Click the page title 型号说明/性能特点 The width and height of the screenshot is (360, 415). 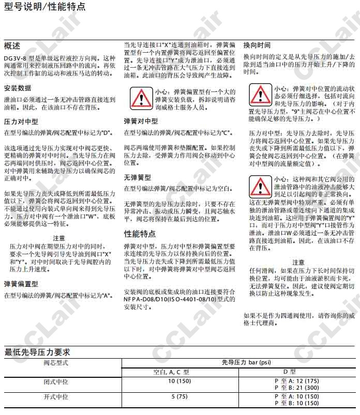[x=44, y=7]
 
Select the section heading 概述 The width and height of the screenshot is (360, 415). [x=12, y=45]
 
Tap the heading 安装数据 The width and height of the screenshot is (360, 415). [x=18, y=87]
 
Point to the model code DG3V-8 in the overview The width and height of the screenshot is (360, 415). [x=15, y=58]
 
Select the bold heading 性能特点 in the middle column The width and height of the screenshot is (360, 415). [x=140, y=234]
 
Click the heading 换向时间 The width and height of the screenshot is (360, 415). [x=257, y=45]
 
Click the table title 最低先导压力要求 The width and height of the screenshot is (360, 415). [x=37, y=352]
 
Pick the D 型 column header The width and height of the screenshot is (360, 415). [x=290, y=372]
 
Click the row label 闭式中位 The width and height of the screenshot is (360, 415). [x=55, y=381]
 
